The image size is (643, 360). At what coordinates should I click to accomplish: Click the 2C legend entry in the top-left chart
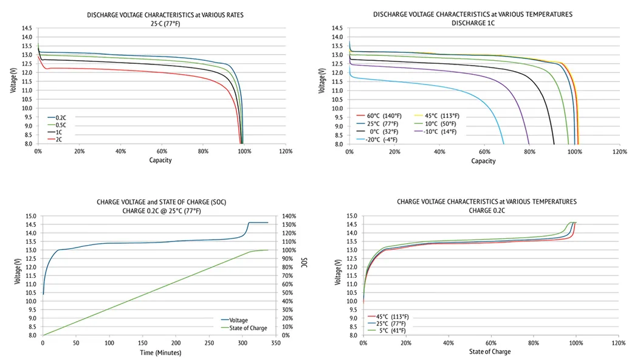pos(58,139)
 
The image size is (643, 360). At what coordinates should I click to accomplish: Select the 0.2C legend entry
pos(59,117)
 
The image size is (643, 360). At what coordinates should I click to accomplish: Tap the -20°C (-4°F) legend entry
pos(380,139)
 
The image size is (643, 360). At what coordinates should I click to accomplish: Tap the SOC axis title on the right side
pos(304,261)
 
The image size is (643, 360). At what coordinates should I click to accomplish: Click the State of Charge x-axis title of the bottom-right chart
pos(490,352)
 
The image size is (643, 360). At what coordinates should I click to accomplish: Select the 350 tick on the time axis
pos(276,344)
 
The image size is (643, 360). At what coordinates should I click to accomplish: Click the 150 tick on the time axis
pos(142,344)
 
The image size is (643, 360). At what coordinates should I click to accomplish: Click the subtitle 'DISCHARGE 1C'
pos(472,23)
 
